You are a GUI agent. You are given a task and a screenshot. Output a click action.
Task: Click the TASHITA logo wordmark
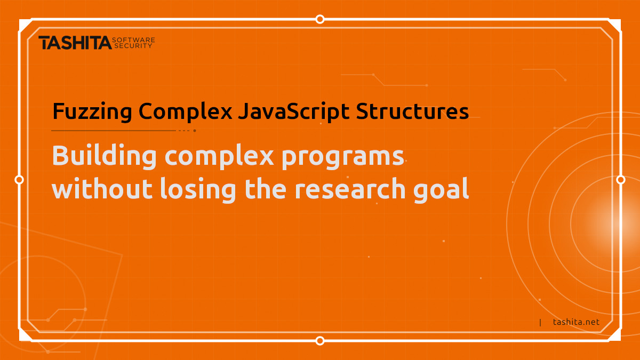[75, 43]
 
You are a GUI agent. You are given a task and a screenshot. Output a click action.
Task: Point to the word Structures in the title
[412, 111]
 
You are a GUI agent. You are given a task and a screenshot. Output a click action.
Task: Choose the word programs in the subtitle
[342, 158]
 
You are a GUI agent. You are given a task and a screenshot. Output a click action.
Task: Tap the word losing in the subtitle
[198, 190]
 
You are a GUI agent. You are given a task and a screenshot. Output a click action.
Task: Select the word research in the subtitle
[350, 189]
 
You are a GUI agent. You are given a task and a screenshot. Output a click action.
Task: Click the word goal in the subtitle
[441, 190]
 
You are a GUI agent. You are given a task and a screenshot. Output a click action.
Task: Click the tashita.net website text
[576, 322]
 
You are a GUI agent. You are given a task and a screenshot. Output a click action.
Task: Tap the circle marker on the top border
[320, 19]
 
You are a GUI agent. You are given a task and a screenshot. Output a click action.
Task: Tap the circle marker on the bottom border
[320, 341]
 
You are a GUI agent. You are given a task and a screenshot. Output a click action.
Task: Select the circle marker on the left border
[19, 180]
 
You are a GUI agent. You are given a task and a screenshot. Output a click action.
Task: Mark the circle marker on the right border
[621, 180]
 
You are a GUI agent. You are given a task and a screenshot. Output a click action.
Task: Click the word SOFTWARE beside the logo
[133, 39]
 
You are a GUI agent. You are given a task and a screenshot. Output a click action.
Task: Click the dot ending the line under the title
[195, 131]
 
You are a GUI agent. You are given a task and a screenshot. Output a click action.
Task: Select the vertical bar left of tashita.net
[540, 322]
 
